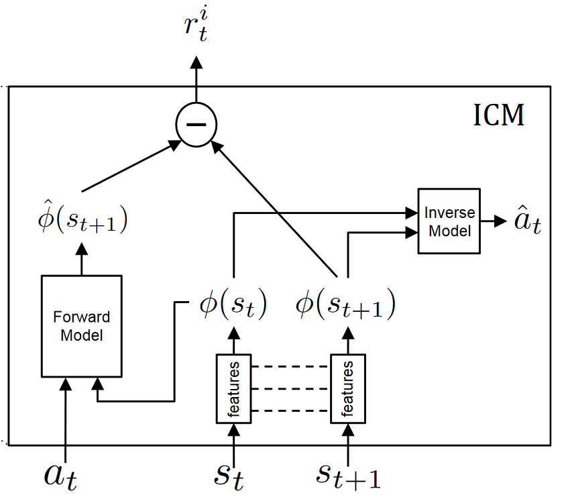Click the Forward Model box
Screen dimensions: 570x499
(x=81, y=326)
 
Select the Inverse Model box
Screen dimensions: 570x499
(x=449, y=221)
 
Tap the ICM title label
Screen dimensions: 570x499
(x=499, y=115)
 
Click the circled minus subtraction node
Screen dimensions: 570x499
(x=196, y=125)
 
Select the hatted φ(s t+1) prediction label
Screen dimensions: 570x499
(x=82, y=217)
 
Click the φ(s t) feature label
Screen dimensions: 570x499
(x=233, y=304)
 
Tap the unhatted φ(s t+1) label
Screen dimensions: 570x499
(x=345, y=304)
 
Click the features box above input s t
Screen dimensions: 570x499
(x=233, y=389)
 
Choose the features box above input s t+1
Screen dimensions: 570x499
(x=348, y=389)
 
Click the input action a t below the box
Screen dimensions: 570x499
(x=60, y=476)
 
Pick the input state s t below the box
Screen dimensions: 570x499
(x=229, y=476)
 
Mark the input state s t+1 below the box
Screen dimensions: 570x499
(x=348, y=476)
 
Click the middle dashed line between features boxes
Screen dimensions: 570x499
(x=290, y=389)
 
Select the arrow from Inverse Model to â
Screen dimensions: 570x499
(x=494, y=221)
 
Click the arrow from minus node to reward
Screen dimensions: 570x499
(x=196, y=79)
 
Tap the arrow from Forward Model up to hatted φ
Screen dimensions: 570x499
(x=81, y=259)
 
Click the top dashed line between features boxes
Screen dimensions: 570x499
(x=290, y=367)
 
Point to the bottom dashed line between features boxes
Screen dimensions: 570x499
(x=290, y=411)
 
